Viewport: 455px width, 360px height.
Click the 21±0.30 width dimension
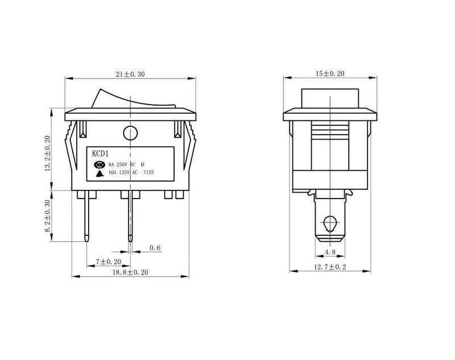[x=130, y=74]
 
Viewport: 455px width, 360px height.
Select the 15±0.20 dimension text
[x=330, y=74]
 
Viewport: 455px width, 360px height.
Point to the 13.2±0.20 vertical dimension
[x=48, y=153]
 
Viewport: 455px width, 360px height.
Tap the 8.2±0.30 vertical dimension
[x=48, y=220]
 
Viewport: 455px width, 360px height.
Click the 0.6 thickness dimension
[x=155, y=248]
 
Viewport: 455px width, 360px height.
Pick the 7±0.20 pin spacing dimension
[x=107, y=262]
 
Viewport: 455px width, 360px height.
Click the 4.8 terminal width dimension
[x=329, y=251]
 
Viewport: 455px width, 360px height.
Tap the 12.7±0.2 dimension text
[x=330, y=267]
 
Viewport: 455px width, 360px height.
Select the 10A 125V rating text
[x=122, y=172]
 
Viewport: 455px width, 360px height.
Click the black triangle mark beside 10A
[x=101, y=172]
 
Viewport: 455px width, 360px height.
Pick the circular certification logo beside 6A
[x=101, y=164]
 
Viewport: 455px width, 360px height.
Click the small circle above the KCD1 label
[x=130, y=134]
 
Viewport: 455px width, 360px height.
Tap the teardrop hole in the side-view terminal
[x=329, y=225]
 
